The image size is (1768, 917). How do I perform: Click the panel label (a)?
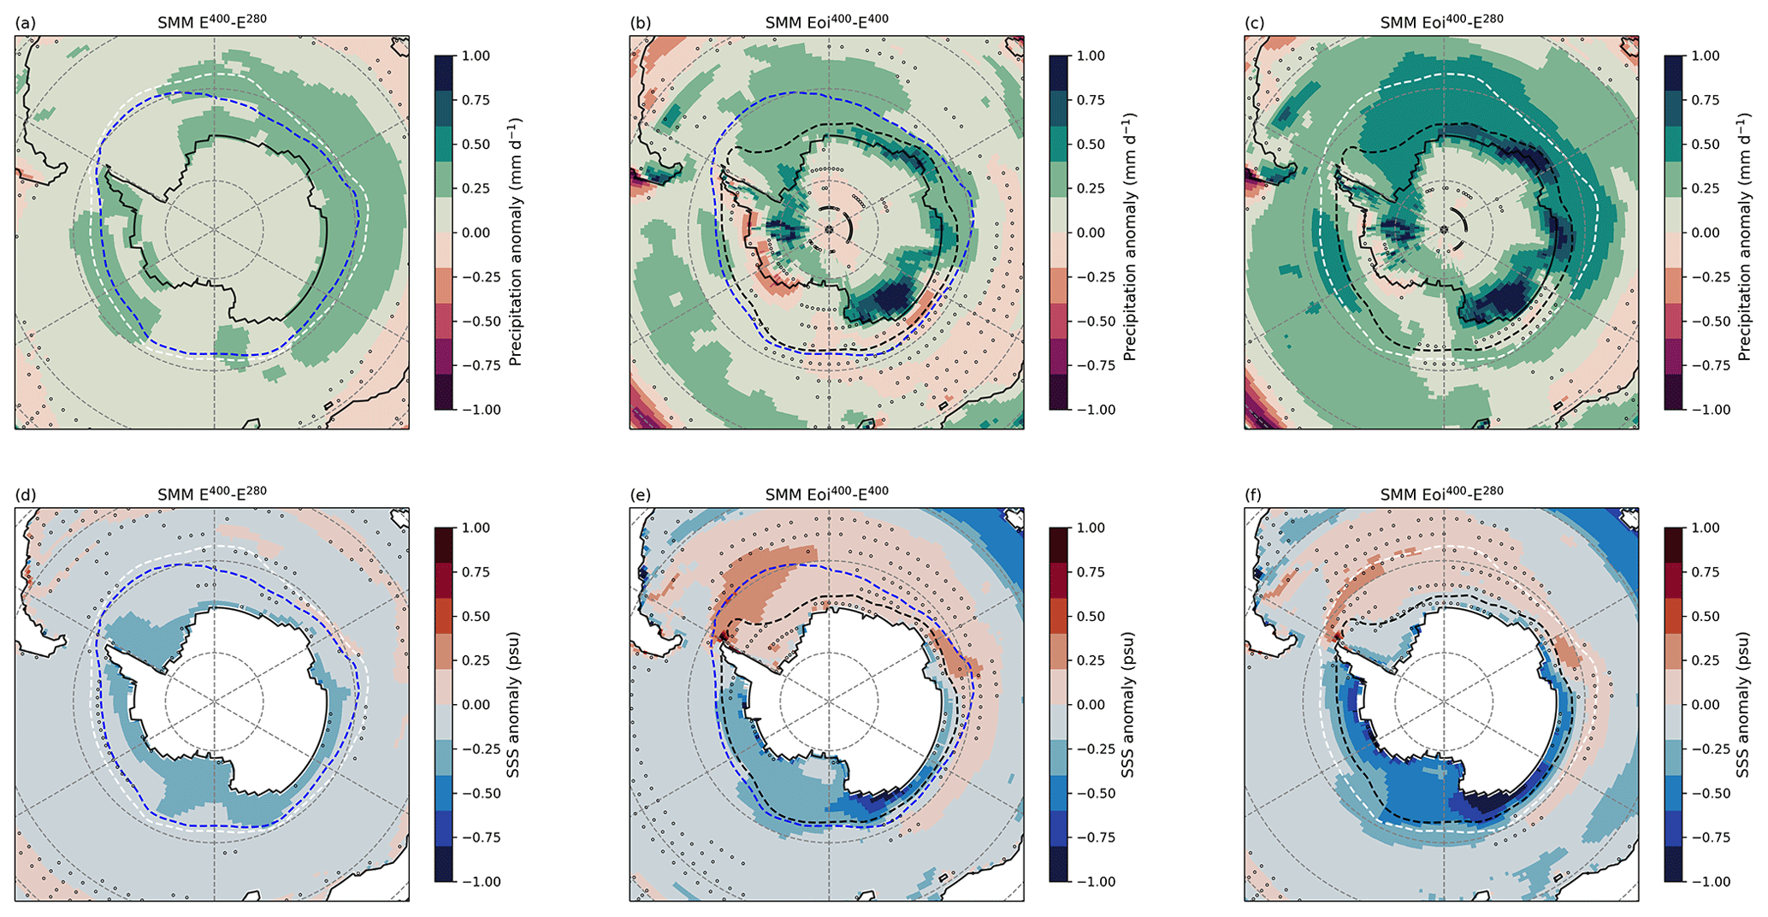[x=25, y=23]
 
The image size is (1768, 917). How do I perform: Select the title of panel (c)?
[x=1441, y=21]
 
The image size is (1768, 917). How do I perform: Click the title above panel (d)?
[x=211, y=494]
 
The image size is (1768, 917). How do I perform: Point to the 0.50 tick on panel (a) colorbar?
[x=476, y=145]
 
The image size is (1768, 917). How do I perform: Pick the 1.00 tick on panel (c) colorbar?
[x=1706, y=56]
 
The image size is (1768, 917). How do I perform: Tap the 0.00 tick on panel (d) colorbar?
[x=476, y=705]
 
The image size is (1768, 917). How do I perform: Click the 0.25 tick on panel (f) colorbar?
[x=1706, y=660]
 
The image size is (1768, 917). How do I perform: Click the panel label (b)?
[x=640, y=23]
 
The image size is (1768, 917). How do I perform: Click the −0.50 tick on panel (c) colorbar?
[x=1706, y=322]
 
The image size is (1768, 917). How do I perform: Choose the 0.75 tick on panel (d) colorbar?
[x=476, y=572]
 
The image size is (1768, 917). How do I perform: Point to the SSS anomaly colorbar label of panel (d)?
[x=513, y=705]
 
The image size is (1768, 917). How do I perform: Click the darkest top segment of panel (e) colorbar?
[x=1061, y=539]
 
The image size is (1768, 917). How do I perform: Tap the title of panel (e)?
[x=826, y=494]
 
